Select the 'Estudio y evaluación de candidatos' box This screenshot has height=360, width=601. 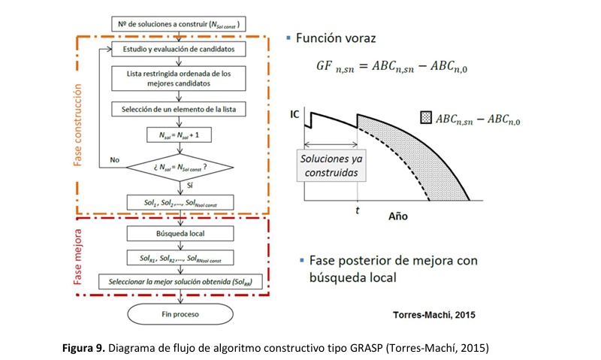pyautogui.click(x=179, y=50)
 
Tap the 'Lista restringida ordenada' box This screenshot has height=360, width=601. pyautogui.click(x=179, y=79)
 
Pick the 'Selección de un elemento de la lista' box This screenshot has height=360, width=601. pyautogui.click(x=179, y=109)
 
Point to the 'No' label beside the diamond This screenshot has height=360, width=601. pyautogui.click(x=115, y=160)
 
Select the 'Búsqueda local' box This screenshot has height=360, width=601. pyautogui.click(x=179, y=233)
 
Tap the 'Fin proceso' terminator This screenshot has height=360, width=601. pyautogui.click(x=178, y=312)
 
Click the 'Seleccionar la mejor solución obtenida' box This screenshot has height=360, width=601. pyautogui.click(x=179, y=281)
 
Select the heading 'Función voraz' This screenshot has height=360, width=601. pyautogui.click(x=336, y=37)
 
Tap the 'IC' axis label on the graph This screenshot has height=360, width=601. pyautogui.click(x=295, y=114)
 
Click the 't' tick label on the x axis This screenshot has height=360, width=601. pyautogui.click(x=357, y=211)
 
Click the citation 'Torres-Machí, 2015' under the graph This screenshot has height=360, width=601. pyautogui.click(x=436, y=313)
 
